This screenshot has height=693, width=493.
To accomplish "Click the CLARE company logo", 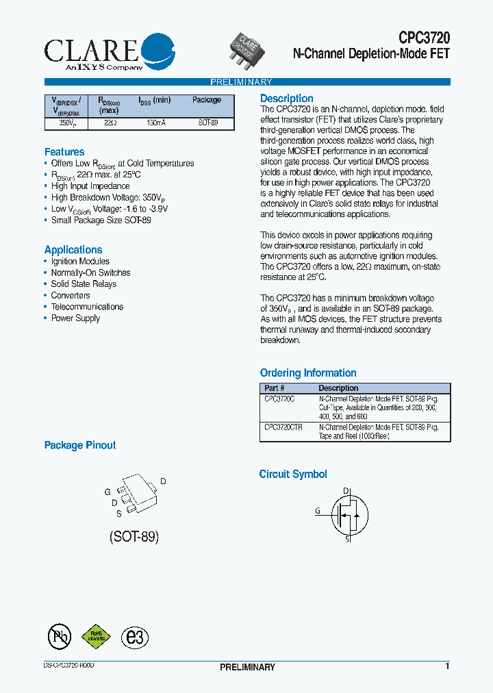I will tap(110, 52).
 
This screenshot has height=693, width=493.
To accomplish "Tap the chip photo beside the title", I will tap(247, 50).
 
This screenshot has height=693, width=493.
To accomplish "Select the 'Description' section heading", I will tap(287, 99).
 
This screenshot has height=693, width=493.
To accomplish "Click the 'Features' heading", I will tap(64, 152).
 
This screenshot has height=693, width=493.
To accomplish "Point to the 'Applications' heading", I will tap(73, 250).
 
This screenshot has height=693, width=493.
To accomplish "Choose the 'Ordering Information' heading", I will tap(308, 373).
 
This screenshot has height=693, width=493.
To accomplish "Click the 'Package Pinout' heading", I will tap(80, 445).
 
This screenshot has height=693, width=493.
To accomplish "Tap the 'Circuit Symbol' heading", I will tap(293, 474).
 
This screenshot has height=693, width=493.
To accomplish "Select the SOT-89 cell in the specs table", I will tap(208, 123).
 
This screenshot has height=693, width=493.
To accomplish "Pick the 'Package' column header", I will tap(207, 100).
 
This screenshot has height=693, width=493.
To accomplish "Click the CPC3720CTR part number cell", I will tap(283, 427).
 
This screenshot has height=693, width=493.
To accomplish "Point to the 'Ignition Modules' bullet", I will tap(80, 262).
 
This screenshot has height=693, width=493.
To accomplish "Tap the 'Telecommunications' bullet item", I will tap(87, 307).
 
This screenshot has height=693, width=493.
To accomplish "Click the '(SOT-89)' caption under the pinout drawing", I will tap(134, 537).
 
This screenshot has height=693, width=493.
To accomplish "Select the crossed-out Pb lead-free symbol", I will tap(60, 637).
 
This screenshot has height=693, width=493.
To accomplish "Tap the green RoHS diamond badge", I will tap(97, 636).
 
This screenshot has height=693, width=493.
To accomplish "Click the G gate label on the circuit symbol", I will tap(318, 511).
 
